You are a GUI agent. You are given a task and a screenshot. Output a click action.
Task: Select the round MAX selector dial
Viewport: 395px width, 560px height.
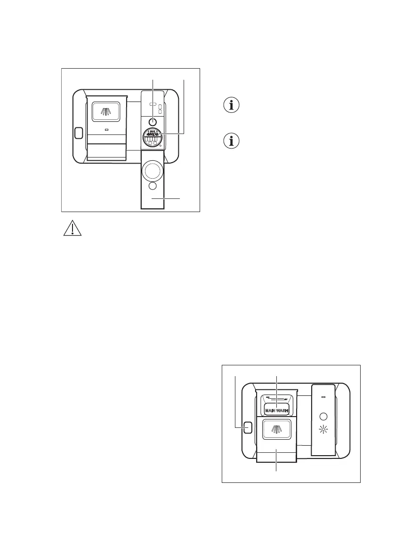tap(153, 139)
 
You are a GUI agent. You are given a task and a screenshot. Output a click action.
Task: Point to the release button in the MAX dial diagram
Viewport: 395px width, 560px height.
tap(78, 133)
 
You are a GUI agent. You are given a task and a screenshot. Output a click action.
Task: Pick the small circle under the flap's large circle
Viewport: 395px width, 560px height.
tap(153, 187)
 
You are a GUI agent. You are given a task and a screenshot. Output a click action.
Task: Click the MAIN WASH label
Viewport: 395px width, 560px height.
tap(276, 410)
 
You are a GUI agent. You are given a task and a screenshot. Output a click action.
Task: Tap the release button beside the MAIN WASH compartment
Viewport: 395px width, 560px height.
tap(247, 427)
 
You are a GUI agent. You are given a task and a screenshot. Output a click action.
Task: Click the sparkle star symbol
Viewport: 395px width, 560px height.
tap(323, 430)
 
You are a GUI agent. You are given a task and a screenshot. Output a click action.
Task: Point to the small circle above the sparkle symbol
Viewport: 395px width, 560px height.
tap(323, 416)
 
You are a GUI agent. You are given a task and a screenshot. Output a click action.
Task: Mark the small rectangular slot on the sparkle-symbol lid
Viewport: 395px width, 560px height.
tap(323, 397)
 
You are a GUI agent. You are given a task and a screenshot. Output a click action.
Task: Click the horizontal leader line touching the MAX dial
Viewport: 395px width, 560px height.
tap(172, 134)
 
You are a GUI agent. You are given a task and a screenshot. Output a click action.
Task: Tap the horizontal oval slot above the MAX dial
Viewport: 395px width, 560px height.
tap(153, 103)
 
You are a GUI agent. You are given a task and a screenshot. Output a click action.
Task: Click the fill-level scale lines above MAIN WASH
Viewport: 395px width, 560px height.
tap(276, 399)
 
